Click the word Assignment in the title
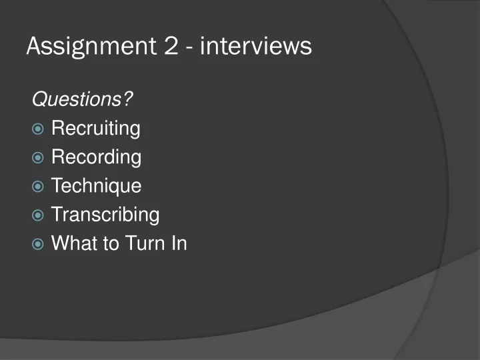pos(87,46)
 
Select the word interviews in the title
pos(256,46)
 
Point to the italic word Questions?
pos(82,99)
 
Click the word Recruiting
pos(95,128)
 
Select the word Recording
pos(96,157)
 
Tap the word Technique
pos(96,186)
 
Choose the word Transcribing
pos(105,215)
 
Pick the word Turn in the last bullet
pos(147,243)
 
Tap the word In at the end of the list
pos(179,243)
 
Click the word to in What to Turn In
pos(111,243)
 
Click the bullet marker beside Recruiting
pos(38,129)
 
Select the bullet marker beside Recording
pos(38,158)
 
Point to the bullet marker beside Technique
pos(38,187)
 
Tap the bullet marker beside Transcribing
pos(38,215)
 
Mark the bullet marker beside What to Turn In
pos(38,244)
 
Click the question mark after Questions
pos(127,99)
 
